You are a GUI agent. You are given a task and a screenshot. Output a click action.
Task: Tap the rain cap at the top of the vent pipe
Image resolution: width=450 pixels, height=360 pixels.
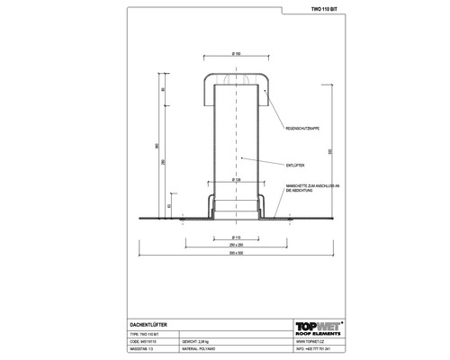(x=233, y=81)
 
